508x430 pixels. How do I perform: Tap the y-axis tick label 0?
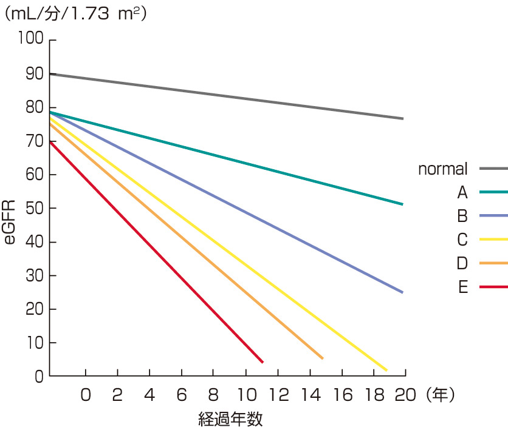pos(38,377)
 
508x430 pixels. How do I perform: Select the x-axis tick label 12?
pos(279,395)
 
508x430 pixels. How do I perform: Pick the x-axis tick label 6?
pos(181,395)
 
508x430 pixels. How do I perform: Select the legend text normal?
pos(442,169)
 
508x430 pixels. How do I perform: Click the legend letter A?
pos(462,193)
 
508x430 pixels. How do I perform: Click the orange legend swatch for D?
pos(493,263)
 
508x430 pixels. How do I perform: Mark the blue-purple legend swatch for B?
pos(493,216)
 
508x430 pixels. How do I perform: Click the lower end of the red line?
pos(263,362)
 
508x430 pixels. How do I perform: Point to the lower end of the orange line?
pos(322,358)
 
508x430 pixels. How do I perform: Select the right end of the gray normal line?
pos(403,118)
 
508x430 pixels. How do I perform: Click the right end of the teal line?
pos(403,204)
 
